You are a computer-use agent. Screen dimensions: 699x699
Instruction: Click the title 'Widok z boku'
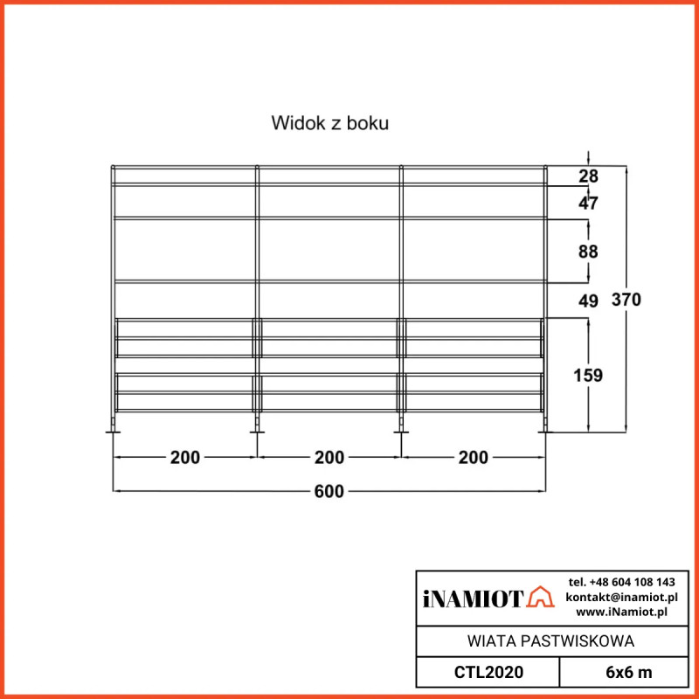[329, 123]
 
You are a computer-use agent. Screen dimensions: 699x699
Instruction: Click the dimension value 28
[589, 176]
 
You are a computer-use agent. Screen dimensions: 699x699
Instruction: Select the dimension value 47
[589, 204]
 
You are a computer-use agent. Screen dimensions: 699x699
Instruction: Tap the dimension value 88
[589, 252]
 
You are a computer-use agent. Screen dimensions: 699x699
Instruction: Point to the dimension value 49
[589, 301]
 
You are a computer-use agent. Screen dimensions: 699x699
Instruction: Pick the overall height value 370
[626, 300]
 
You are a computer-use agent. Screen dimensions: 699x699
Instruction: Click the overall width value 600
[329, 492]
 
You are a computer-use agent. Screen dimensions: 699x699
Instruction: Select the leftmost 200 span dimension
[185, 457]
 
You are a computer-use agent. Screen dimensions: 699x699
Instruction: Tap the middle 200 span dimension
[329, 457]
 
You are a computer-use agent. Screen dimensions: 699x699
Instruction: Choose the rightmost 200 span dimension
[473, 457]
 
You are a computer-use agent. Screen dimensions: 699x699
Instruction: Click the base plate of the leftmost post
[113, 430]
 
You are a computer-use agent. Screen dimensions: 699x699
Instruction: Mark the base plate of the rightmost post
[546, 430]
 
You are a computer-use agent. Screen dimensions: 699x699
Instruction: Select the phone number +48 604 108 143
[621, 582]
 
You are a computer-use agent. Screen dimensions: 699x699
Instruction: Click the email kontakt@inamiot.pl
[621, 597]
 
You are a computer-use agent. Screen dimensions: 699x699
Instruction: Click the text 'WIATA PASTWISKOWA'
[551, 641]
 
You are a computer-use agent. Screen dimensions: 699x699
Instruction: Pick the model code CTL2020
[488, 672]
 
